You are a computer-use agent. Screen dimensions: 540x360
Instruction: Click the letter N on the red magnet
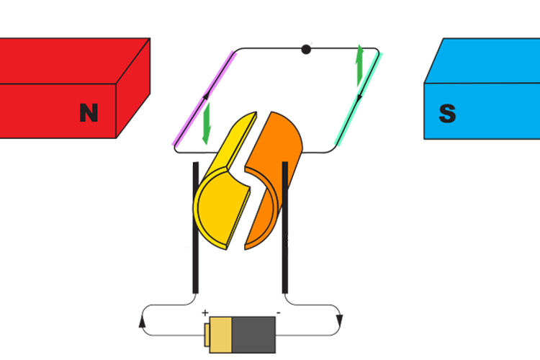(x=89, y=112)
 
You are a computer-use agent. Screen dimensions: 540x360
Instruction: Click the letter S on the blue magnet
(x=448, y=113)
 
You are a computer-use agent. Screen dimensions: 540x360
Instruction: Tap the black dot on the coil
(x=306, y=50)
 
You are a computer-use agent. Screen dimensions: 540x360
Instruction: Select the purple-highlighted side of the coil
(x=204, y=99)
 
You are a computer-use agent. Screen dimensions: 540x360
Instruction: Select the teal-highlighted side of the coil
(x=358, y=99)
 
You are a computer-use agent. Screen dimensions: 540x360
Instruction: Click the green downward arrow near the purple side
(x=207, y=124)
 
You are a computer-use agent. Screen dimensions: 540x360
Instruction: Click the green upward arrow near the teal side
(x=359, y=66)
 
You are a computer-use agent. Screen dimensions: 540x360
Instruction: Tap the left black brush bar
(x=196, y=228)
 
